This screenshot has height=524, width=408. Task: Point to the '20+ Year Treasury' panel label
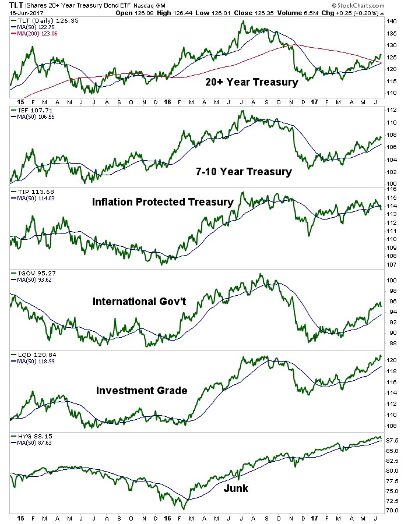tap(251, 82)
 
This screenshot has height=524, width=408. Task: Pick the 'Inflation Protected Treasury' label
tap(163, 202)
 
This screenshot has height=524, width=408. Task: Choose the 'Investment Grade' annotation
tap(142, 390)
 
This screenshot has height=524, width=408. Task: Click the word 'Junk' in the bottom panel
tap(235, 488)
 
